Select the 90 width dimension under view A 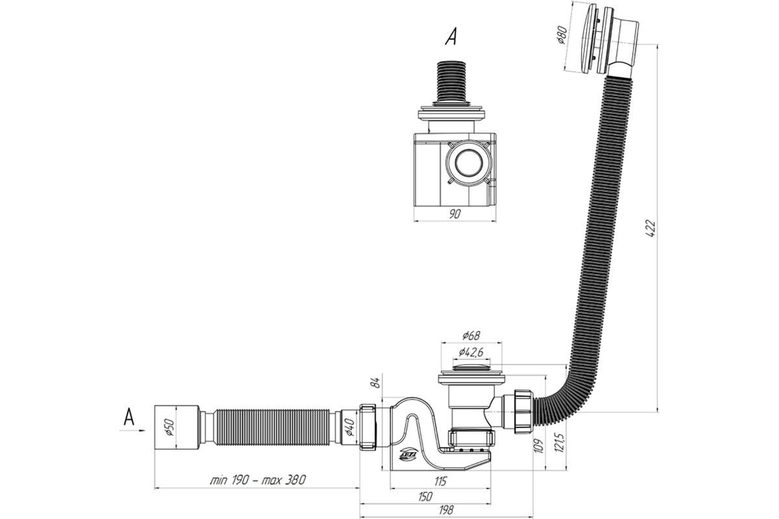tap(454, 215)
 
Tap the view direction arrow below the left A tap(129, 429)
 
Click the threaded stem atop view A tap(453, 80)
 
